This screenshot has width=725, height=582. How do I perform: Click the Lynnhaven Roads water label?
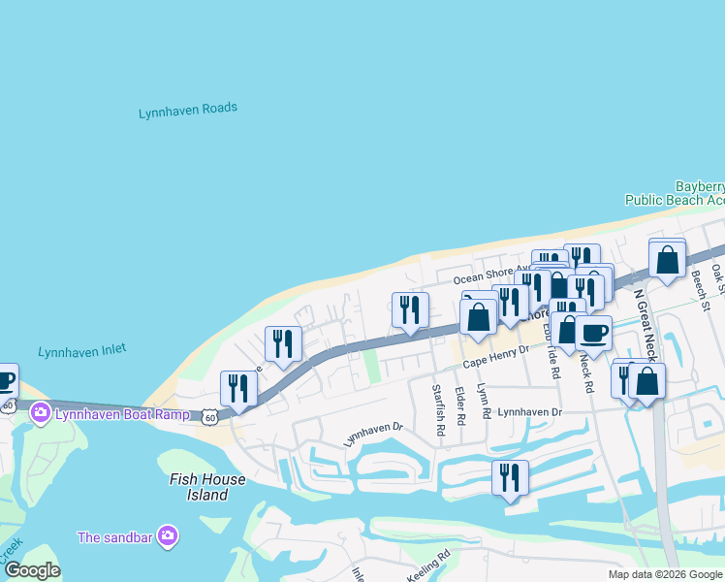(x=188, y=111)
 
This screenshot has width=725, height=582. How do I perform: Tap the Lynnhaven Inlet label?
(x=81, y=352)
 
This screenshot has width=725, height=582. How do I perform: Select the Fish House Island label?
(x=199, y=487)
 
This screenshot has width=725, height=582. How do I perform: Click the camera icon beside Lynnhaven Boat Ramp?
(x=41, y=414)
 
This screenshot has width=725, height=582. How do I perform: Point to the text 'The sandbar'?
(x=116, y=536)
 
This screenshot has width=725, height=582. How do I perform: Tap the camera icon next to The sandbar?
(x=168, y=535)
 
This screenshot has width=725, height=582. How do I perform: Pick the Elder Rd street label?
(x=460, y=405)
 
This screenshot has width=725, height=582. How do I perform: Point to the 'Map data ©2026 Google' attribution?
(x=664, y=574)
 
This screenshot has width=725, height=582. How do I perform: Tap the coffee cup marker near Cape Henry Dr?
(x=593, y=334)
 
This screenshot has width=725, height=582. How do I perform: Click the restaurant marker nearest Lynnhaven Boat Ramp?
(x=238, y=390)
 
